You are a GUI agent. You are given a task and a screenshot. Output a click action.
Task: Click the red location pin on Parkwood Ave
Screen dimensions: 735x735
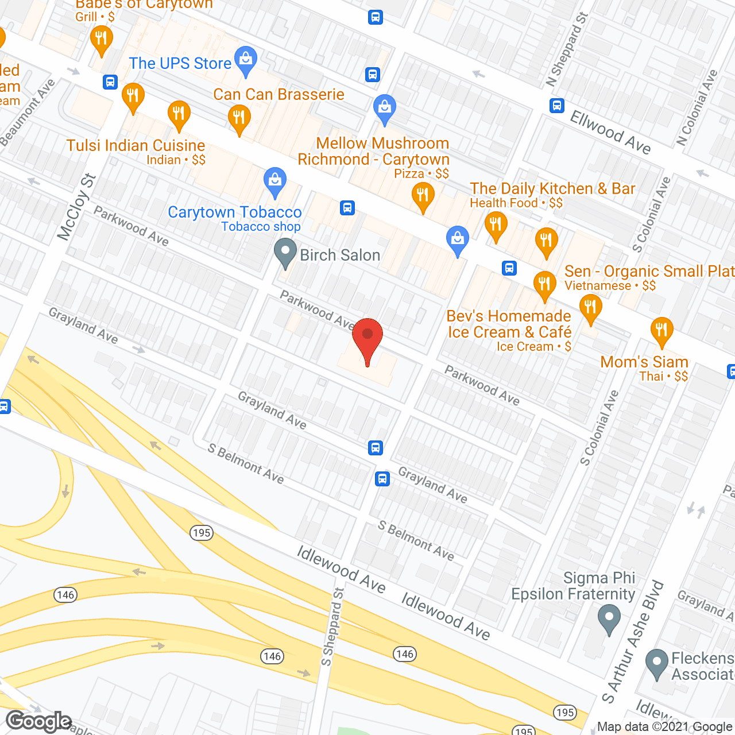click(367, 339)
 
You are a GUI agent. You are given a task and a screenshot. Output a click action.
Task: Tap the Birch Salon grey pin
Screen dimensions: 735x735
click(285, 253)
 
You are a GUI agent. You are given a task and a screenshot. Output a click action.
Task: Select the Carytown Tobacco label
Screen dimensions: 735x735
click(234, 212)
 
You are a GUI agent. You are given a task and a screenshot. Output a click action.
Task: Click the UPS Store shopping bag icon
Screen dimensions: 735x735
click(246, 61)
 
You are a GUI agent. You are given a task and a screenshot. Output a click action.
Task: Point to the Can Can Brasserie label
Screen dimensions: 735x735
click(278, 95)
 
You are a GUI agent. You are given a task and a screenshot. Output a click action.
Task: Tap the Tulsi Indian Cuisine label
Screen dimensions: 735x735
click(136, 146)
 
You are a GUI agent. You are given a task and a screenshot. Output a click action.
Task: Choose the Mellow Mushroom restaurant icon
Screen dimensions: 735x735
click(423, 196)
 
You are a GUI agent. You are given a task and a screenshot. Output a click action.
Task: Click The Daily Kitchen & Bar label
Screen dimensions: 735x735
click(552, 189)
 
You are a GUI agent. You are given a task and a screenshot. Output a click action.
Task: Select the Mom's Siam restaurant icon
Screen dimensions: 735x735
click(661, 331)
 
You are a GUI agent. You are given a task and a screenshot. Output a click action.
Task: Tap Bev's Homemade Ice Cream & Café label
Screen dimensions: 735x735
click(509, 324)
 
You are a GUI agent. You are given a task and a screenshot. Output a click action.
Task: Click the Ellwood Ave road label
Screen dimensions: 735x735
click(610, 133)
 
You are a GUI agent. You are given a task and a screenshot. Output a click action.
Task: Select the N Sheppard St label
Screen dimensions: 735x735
click(567, 50)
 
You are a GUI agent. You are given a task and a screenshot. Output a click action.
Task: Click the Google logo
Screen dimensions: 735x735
click(38, 721)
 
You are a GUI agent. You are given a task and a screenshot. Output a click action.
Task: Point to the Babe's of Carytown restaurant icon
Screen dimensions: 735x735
click(101, 40)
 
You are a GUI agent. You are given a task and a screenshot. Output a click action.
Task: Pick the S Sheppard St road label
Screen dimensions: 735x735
click(332, 627)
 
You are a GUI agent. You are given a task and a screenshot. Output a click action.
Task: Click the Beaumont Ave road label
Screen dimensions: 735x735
click(28, 112)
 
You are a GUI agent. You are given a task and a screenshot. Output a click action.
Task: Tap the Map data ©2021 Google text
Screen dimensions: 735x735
click(665, 727)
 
